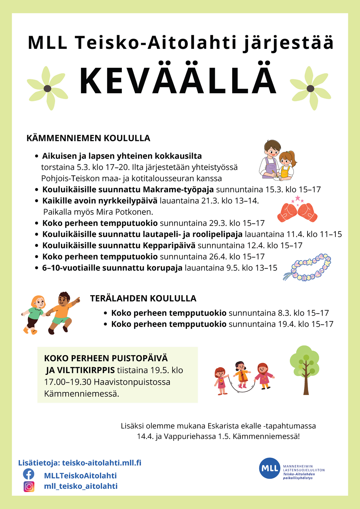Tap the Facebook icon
[29, 474]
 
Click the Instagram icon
[29, 486]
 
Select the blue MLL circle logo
[270, 468]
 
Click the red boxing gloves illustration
[297, 212]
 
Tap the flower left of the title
[47, 88]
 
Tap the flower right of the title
[310, 88]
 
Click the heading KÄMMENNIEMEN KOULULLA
[88, 138]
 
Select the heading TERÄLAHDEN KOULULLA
[143, 298]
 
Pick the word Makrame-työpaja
[178, 190]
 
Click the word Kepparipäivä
[169, 245]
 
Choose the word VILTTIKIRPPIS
[80, 370]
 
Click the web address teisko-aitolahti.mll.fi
[102, 463]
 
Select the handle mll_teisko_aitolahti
[81, 486]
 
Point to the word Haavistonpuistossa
[132, 382]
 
